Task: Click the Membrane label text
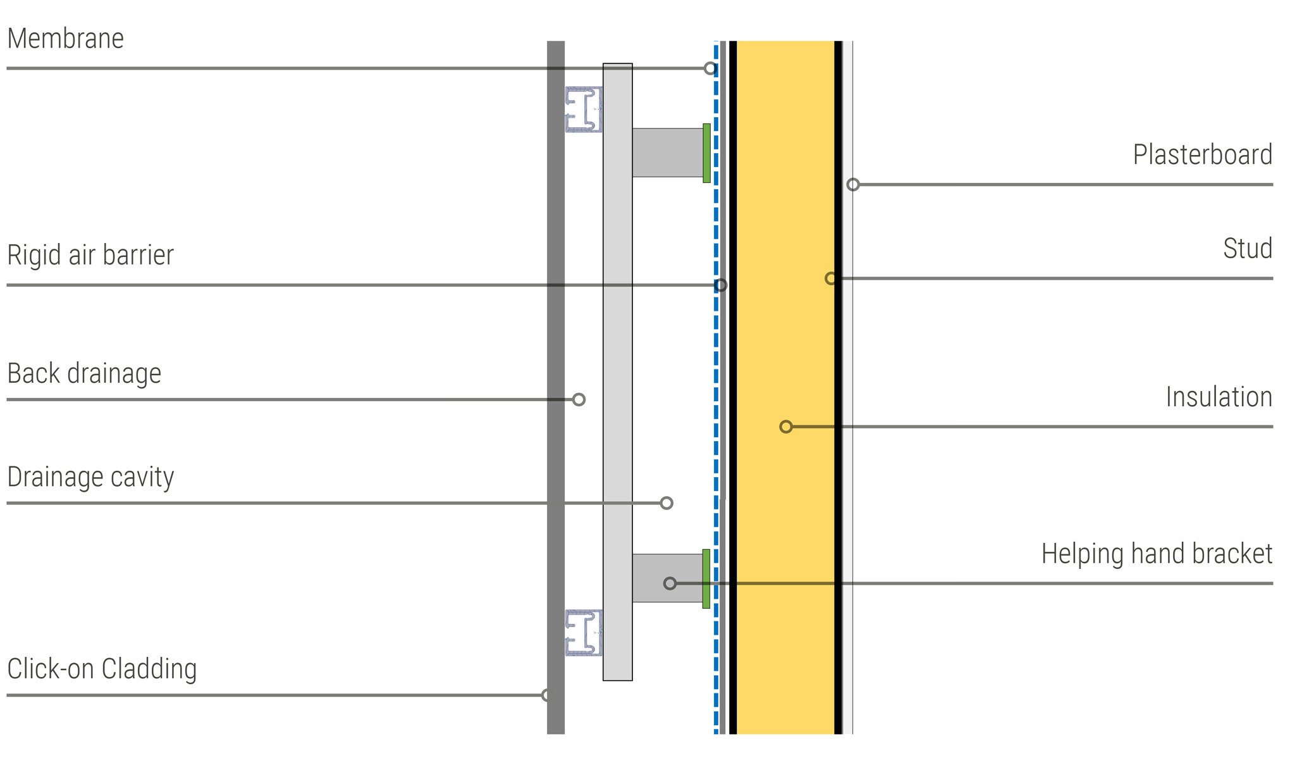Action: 66,39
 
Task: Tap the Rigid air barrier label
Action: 90,255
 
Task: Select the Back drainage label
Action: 84,374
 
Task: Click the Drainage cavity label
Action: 90,478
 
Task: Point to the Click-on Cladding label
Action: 102,669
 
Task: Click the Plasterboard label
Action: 1203,155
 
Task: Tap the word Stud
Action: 1248,249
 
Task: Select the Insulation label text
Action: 1219,397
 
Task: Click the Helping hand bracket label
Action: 1157,554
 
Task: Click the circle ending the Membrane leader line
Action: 710,68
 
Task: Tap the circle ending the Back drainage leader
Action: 579,399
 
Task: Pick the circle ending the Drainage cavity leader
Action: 666,503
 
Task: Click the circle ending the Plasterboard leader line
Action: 853,185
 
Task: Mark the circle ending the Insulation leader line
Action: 786,426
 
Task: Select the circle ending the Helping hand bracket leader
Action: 670,583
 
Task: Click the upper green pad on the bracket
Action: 706,153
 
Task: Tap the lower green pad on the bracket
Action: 706,578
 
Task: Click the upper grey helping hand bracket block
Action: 668,153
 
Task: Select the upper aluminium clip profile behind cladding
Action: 584,109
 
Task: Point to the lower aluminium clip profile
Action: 584,633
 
